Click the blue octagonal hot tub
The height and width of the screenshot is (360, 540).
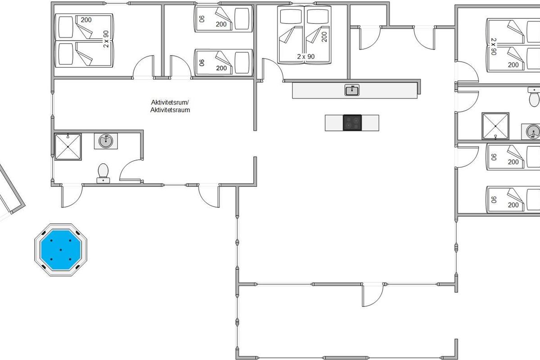(x=60, y=250)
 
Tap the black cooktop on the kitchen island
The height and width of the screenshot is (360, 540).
(x=352, y=123)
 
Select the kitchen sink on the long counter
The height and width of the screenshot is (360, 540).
(x=352, y=90)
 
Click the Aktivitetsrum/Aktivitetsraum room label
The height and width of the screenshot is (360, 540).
(x=170, y=106)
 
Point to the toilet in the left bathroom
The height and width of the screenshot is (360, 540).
(x=103, y=173)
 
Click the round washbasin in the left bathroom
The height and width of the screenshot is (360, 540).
(x=106, y=141)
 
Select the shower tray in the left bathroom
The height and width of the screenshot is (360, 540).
(x=68, y=147)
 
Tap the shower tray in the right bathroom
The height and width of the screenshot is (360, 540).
(x=495, y=126)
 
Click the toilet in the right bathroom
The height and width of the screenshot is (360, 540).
(x=534, y=97)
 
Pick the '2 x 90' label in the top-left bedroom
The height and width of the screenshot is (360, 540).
(x=106, y=39)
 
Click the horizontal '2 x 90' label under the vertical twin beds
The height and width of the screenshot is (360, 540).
(x=306, y=57)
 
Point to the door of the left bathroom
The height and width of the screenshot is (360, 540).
(x=130, y=170)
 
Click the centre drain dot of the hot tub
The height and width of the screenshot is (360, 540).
(x=60, y=250)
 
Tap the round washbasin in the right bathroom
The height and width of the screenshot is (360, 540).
(x=532, y=132)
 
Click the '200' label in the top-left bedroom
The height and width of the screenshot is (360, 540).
(x=86, y=20)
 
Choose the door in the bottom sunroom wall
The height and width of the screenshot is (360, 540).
(x=373, y=295)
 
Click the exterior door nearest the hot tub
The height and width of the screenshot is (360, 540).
(x=72, y=196)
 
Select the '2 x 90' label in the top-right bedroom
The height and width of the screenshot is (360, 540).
(x=494, y=46)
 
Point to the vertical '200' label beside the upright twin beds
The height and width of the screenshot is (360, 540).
(x=324, y=37)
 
